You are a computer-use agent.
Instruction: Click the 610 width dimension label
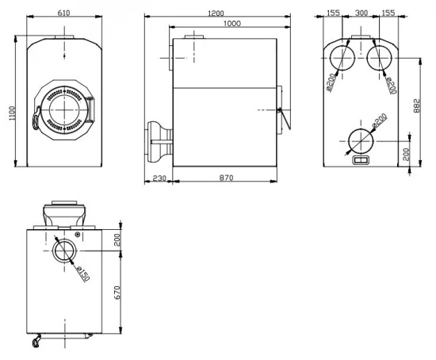pyautogui.click(x=63, y=13)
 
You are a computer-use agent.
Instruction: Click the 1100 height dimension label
pyautogui.click(x=12, y=113)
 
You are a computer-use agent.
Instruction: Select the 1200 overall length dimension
pyautogui.click(x=216, y=13)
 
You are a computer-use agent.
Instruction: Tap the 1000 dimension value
pyautogui.click(x=232, y=23)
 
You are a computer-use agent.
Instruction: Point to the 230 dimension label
pyautogui.click(x=159, y=178)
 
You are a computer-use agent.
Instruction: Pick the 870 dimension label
pyautogui.click(x=226, y=178)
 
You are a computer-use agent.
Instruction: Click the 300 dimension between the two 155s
pyautogui.click(x=361, y=13)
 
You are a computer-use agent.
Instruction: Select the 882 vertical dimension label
pyautogui.click(x=416, y=105)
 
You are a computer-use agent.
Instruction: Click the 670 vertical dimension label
pyautogui.click(x=117, y=293)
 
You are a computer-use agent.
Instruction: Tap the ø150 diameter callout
pyautogui.click(x=83, y=274)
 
